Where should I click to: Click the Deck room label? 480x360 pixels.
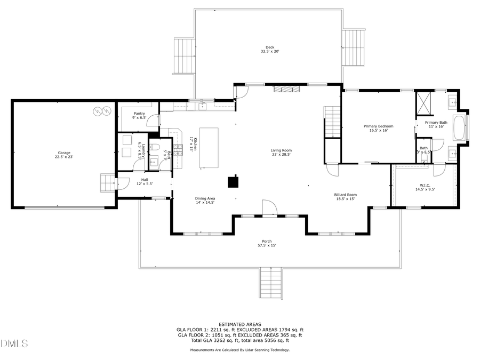click(270, 49)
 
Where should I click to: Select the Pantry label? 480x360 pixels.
click(139, 116)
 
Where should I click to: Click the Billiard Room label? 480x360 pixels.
click(346, 197)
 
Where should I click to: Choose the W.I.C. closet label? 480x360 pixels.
click(421, 187)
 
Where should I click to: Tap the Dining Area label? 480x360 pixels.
click(204, 201)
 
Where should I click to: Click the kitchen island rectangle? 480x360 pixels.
click(209, 148)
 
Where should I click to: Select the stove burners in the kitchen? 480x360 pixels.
click(177, 133)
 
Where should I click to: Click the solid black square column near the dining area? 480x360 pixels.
click(233, 182)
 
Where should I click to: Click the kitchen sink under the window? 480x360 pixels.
click(203, 106)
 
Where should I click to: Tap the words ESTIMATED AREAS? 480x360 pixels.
click(239, 324)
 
